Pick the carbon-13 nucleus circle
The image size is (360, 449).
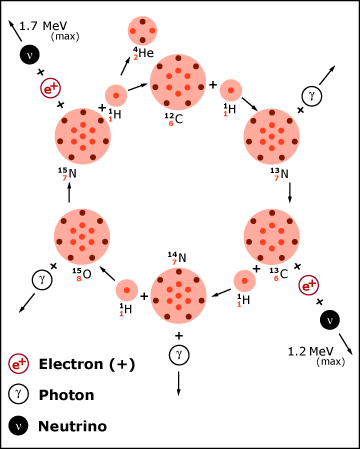(x=272, y=236)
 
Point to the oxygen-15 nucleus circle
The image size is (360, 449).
(x=83, y=237)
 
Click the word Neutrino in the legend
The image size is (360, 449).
(x=72, y=425)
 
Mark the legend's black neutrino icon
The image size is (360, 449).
(x=18, y=425)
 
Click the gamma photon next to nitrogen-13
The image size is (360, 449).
(x=309, y=95)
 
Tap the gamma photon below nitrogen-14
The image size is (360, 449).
(x=178, y=353)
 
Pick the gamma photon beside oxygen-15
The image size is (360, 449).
(x=42, y=279)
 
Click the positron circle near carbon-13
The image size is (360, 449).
(x=310, y=286)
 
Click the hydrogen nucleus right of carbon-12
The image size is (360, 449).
(x=230, y=89)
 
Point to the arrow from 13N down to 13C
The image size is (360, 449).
(x=290, y=194)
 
